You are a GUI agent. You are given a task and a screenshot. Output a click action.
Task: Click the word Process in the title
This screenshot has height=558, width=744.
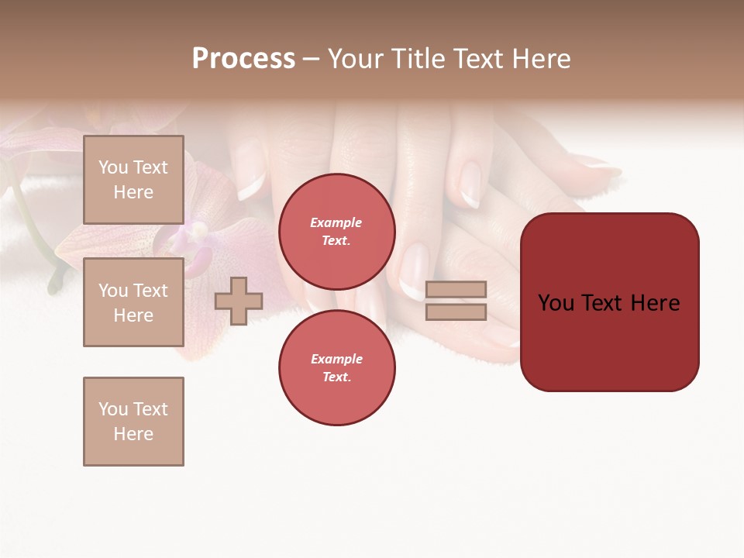tap(243, 59)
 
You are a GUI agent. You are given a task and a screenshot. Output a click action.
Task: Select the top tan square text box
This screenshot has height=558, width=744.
tap(133, 180)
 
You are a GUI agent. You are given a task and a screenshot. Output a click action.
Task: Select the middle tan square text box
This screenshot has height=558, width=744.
tap(133, 302)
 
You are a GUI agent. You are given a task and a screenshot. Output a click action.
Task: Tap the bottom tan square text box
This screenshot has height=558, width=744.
tap(133, 422)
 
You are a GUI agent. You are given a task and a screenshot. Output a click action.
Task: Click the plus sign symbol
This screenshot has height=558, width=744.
tap(238, 301)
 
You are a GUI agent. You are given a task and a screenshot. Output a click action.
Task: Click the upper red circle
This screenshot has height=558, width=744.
tap(336, 232)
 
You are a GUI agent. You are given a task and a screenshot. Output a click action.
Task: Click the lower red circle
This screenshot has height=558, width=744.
tap(336, 368)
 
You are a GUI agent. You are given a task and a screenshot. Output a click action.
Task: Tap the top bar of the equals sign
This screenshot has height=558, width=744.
tap(456, 289)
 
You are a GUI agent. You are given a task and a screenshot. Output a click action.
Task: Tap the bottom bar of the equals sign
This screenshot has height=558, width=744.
tap(456, 312)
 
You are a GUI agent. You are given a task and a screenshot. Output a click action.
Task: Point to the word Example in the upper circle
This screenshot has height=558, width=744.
tap(336, 222)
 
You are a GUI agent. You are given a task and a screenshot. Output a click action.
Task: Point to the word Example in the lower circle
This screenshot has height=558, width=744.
tap(336, 359)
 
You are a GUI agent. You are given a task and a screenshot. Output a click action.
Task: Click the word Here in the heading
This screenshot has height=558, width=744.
tap(539, 59)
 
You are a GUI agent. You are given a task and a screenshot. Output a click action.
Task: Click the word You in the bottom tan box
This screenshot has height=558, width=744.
tap(112, 409)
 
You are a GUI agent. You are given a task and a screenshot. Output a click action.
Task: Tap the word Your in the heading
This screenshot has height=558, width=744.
tap(354, 59)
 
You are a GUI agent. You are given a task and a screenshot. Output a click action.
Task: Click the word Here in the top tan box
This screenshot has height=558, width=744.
tap(133, 192)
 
